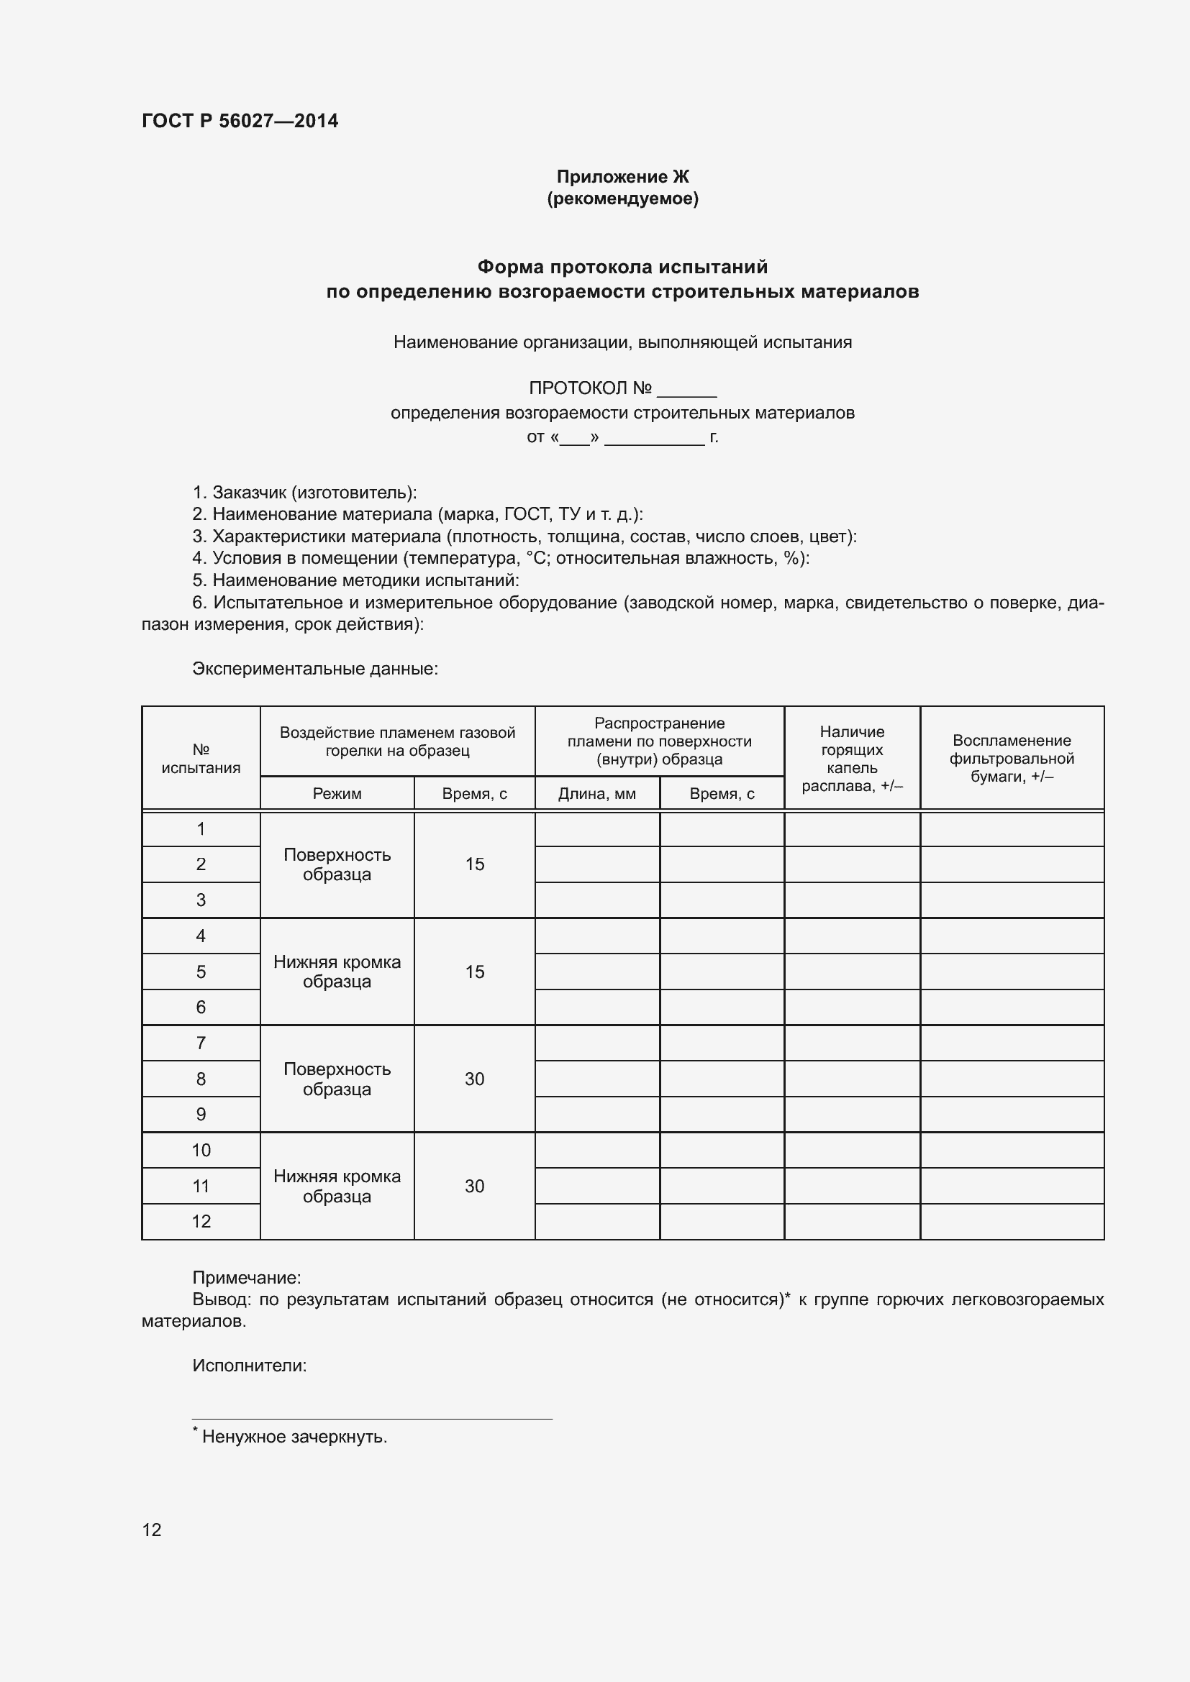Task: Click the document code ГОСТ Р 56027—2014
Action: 240,121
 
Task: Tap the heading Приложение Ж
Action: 622,177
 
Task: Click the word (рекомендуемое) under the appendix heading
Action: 622,198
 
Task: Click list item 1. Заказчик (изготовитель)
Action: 304,493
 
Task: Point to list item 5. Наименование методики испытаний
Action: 355,580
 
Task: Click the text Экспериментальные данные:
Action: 315,668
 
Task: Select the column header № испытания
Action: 201,758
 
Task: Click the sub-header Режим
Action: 336,793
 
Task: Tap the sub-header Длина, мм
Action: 596,793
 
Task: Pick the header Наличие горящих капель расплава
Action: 851,758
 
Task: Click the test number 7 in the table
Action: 201,1043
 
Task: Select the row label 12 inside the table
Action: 201,1221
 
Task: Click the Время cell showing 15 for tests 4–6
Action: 474,972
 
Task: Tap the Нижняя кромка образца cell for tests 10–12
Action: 336,1186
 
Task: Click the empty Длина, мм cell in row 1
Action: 596,829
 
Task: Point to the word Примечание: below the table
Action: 246,1278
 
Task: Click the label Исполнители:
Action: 249,1366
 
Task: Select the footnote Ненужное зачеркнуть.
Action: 294,1437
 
